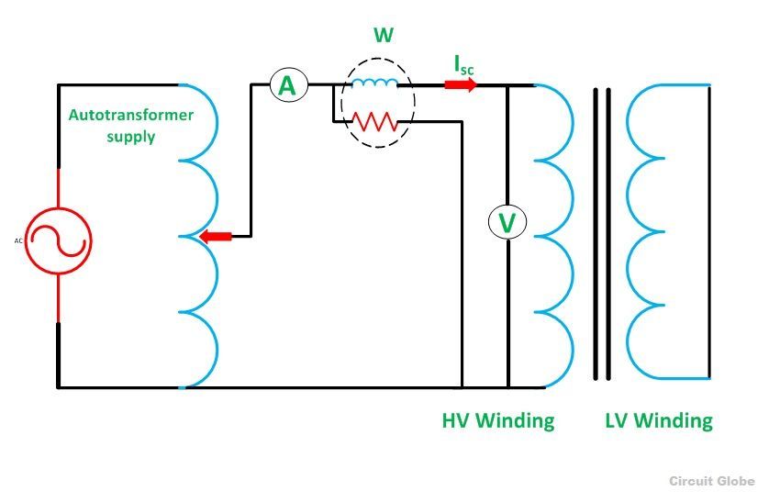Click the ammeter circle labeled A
(x=287, y=85)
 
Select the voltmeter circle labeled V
(x=507, y=222)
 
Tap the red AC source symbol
(x=59, y=244)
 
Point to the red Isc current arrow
(x=461, y=85)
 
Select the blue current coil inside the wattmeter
(x=374, y=85)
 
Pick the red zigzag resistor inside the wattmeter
(x=374, y=120)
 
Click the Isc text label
(x=464, y=64)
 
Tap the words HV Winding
(x=498, y=421)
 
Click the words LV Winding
(x=659, y=421)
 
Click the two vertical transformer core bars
(x=601, y=234)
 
